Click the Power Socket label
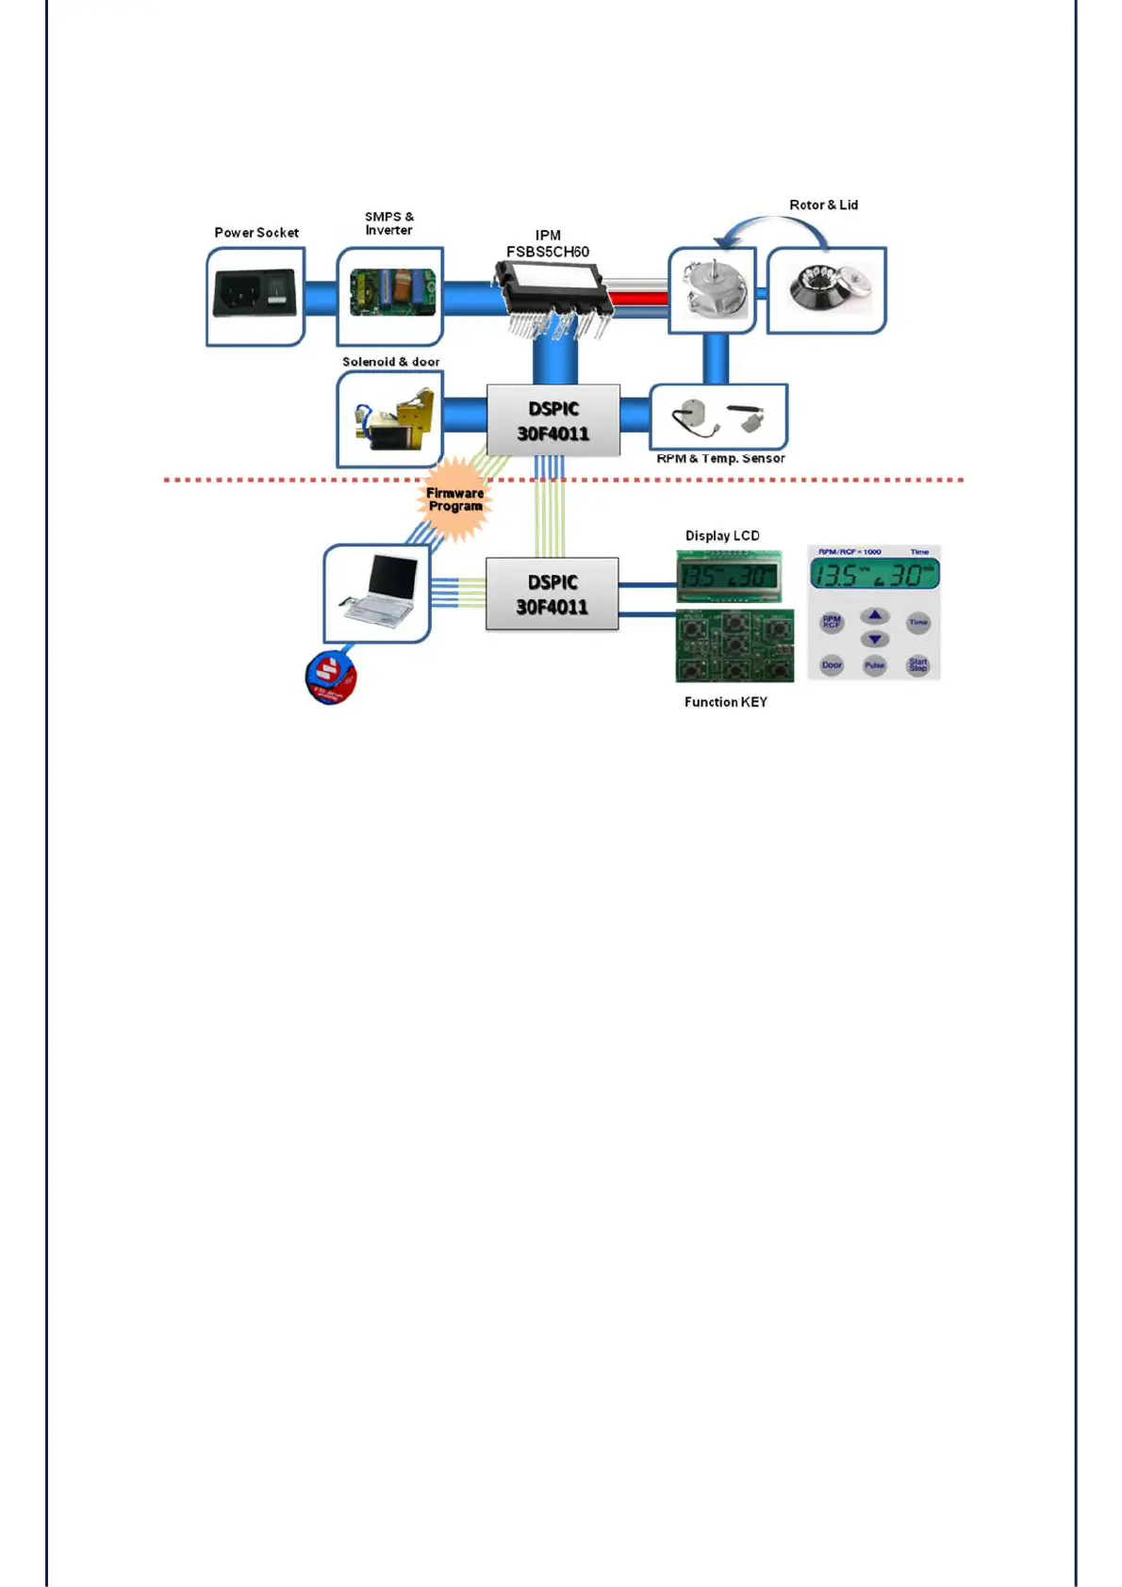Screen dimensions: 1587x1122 [256, 233]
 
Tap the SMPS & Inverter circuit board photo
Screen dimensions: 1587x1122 [391, 292]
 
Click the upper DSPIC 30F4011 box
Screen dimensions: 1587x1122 [553, 420]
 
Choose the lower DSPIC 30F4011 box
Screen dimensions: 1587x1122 [553, 594]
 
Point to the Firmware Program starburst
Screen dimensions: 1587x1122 [454, 499]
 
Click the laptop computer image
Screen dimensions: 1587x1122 [378, 591]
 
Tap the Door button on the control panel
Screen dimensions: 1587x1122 [832, 664]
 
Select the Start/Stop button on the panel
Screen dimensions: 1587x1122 [918, 664]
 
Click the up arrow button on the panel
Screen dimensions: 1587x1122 [875, 616]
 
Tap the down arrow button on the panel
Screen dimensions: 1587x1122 [875, 639]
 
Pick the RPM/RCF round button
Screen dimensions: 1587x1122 [832, 622]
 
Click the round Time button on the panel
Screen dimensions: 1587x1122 [918, 622]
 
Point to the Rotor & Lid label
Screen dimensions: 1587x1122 [823, 205]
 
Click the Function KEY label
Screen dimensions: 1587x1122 [725, 702]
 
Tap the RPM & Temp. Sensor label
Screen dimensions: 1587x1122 [720, 459]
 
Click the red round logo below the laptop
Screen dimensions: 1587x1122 [331, 676]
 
